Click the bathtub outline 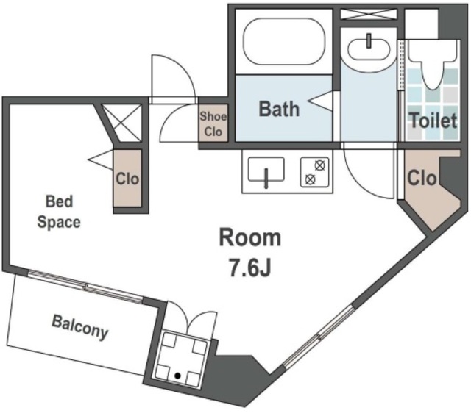click(284, 20)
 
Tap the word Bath click(279, 109)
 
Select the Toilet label click(433, 121)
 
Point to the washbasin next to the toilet click(369, 50)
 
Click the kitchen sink click(266, 170)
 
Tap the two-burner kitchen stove click(315, 172)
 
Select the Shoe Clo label click(213, 124)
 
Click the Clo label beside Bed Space click(127, 179)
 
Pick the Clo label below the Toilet click(422, 178)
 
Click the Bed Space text click(59, 212)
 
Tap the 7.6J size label click(250, 268)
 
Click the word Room click(250, 237)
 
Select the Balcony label click(80, 328)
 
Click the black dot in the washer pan click(178, 376)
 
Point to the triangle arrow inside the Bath click(320, 101)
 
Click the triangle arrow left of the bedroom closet click(101, 160)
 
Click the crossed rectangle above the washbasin click(369, 14)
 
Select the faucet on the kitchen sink click(266, 179)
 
